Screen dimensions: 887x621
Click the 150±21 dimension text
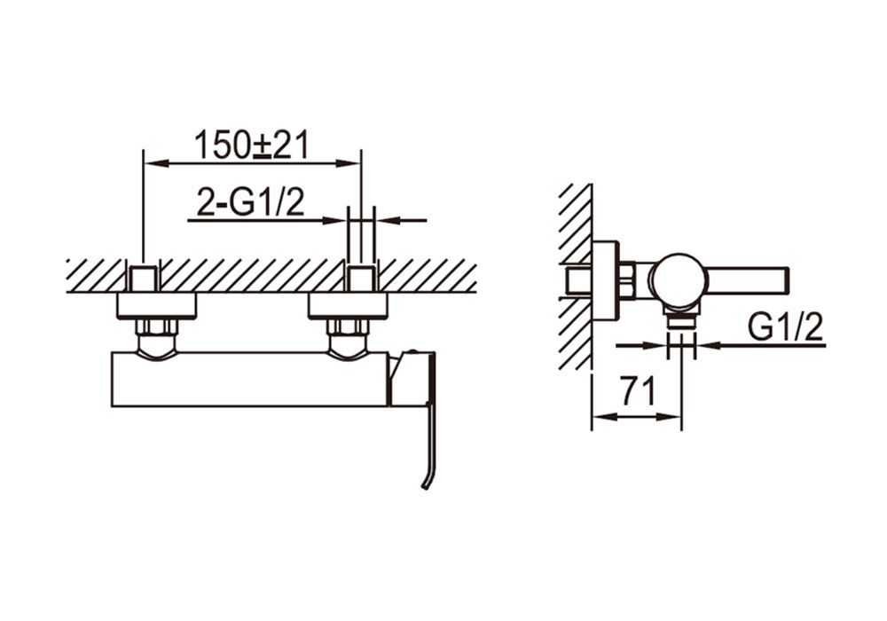coord(252,145)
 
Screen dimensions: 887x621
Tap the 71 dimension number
coord(638,391)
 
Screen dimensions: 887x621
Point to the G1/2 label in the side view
coord(786,326)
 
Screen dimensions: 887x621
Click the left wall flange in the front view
coord(157,306)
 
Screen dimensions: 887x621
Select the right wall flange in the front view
coord(348,306)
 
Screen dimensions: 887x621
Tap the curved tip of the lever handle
coord(427,480)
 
